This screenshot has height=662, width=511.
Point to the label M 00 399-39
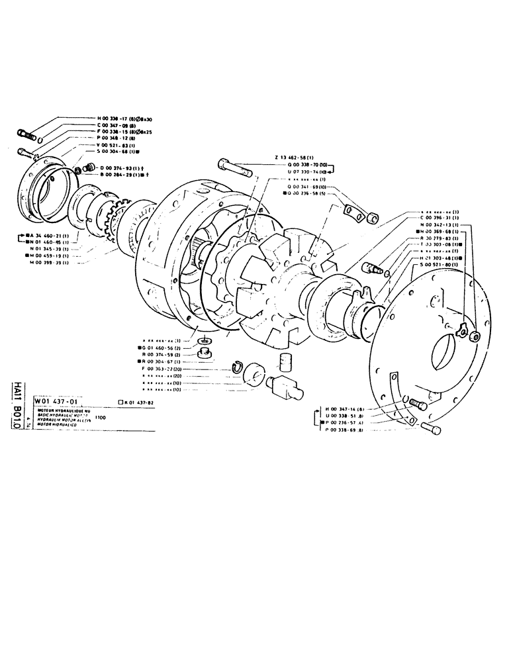[x=53, y=263]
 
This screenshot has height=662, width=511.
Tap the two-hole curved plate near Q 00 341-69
[x=351, y=212]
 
